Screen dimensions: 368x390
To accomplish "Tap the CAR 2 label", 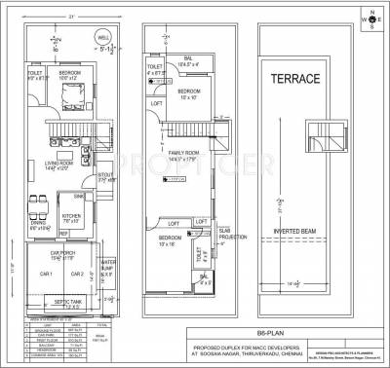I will (x=78, y=274).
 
